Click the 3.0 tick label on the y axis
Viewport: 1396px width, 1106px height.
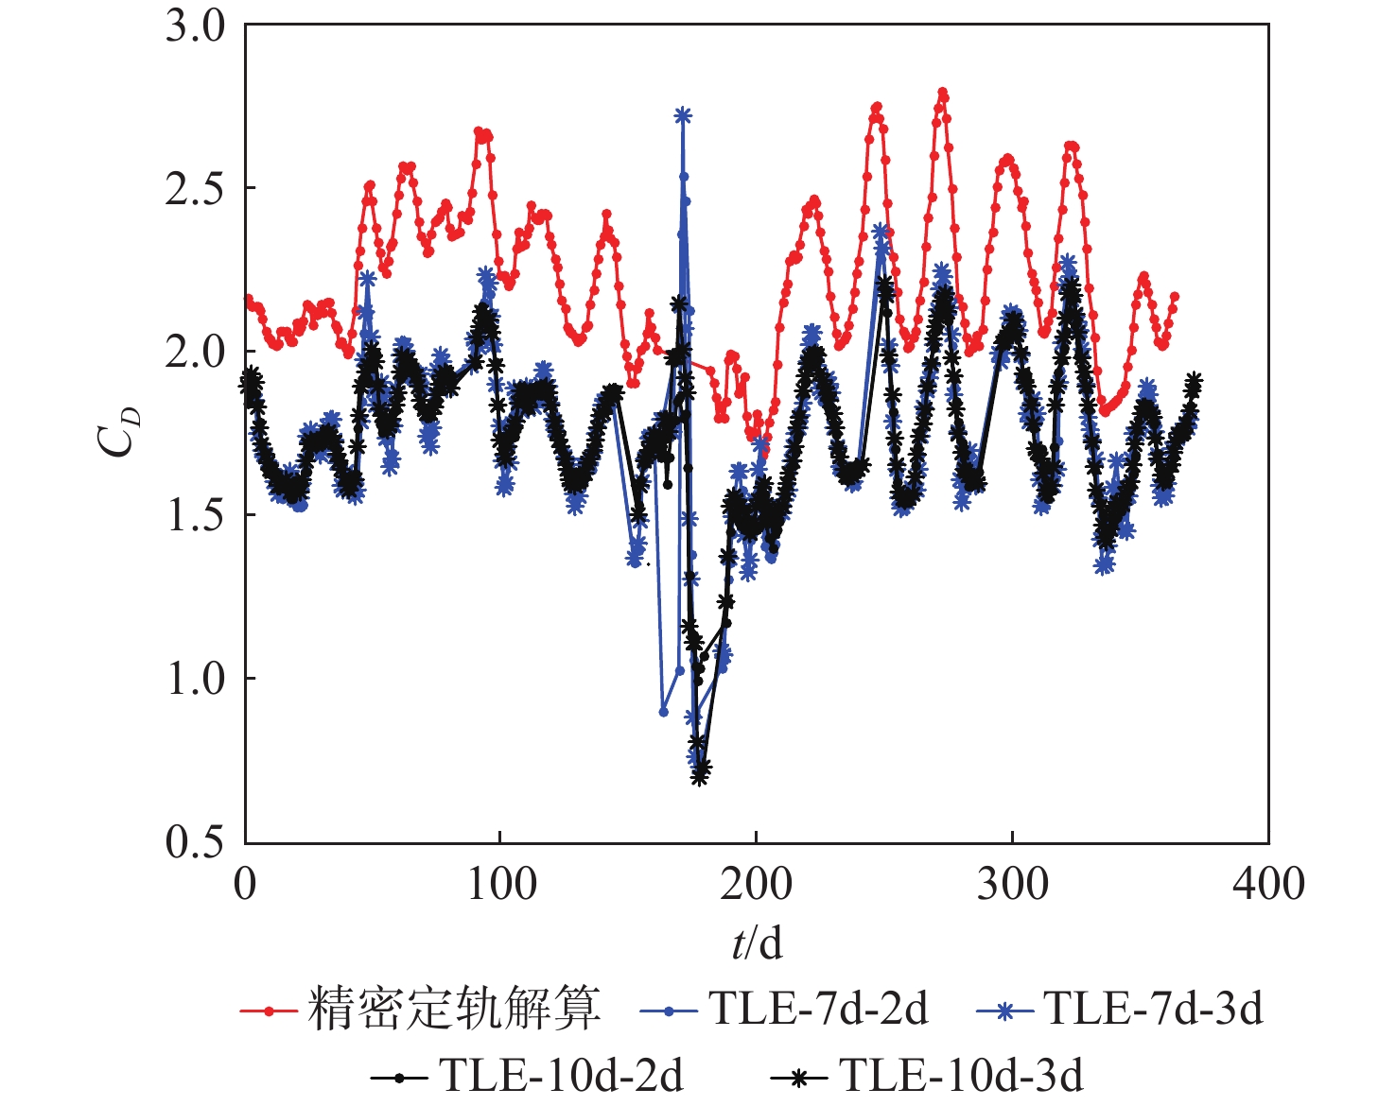[196, 26]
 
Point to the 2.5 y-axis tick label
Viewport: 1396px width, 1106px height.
[196, 189]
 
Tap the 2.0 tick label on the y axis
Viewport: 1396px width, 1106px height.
[196, 353]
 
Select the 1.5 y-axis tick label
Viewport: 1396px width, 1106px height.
[196, 515]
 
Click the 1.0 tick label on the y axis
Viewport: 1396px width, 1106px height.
[196, 679]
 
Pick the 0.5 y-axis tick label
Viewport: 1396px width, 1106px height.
[196, 841]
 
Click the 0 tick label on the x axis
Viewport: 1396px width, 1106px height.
[245, 885]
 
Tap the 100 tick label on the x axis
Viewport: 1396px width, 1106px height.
[501, 885]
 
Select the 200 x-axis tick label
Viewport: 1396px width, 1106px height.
[757, 885]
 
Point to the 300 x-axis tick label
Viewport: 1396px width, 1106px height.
[1012, 885]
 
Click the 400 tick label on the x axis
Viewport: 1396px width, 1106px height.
[1268, 885]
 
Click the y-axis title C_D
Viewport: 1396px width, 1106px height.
[120, 432]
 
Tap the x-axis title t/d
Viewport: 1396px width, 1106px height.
[757, 942]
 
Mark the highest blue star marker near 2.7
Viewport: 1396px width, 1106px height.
[683, 115]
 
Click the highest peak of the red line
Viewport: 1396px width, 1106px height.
[942, 93]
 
